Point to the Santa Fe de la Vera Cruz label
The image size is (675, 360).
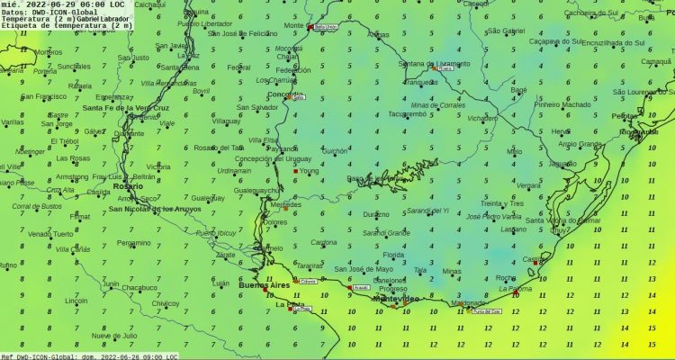click(126, 108)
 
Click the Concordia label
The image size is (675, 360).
click(285, 94)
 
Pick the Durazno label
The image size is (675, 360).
click(376, 214)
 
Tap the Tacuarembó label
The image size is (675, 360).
click(407, 114)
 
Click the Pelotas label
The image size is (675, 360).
click(624, 116)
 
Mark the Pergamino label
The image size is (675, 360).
click(134, 242)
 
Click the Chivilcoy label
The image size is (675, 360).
click(166, 303)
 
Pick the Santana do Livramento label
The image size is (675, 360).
click(435, 64)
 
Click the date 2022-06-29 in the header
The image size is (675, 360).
click(45, 4)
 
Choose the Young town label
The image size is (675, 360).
click(309, 169)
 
